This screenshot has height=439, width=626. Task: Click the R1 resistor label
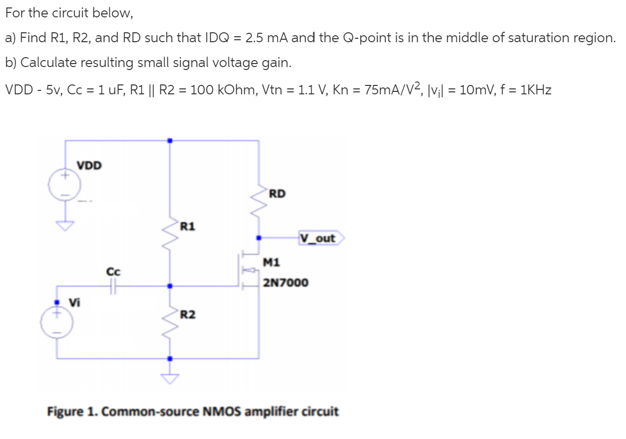pyautogui.click(x=187, y=227)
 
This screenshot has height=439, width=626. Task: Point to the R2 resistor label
pyautogui.click(x=187, y=314)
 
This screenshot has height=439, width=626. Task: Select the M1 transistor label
pyautogui.click(x=272, y=261)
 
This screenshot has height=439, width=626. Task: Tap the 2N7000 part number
pyautogui.click(x=286, y=283)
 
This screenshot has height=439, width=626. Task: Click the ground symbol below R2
pyautogui.click(x=170, y=378)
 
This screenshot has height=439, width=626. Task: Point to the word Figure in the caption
pyautogui.click(x=65, y=412)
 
